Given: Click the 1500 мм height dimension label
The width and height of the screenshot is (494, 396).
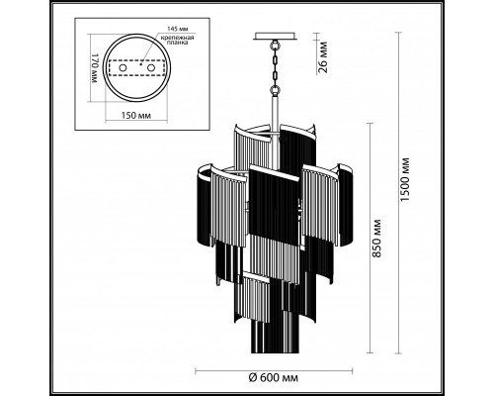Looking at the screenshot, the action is coord(405,180).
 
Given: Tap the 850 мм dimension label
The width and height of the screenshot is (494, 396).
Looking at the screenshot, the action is coord(376,239).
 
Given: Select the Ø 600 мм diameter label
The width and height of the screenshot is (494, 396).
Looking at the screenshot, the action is coord(274,377).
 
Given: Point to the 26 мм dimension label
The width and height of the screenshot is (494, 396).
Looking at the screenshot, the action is coord(323,57).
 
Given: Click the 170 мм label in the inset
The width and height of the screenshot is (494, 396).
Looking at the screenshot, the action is coord(95,68).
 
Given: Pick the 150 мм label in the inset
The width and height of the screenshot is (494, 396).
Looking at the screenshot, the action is coord(136,116).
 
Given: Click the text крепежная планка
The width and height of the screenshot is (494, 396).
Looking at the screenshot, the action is coord(177,40).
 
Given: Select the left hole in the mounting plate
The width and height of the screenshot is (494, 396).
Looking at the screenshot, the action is coord(123,68).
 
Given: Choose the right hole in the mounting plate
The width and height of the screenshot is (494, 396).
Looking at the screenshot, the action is coord(151,68).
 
